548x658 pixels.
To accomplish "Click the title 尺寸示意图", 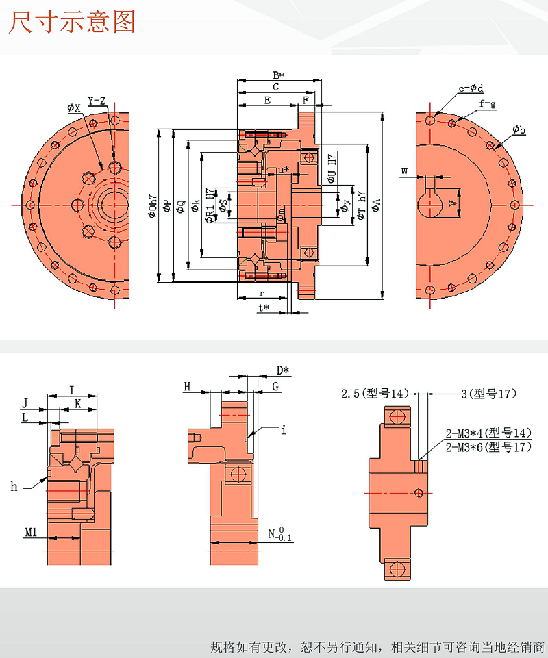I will click(72, 22).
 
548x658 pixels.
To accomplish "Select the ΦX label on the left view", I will click(74, 107).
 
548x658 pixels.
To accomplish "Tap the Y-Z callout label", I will click(97, 101).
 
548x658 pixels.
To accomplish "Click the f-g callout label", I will click(487, 104).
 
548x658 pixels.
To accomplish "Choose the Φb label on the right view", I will click(519, 129).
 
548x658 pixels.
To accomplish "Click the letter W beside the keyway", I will click(405, 172).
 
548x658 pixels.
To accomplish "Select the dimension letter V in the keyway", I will click(451, 203).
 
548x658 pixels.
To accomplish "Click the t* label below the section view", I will click(264, 308).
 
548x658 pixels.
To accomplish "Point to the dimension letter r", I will click(262, 293).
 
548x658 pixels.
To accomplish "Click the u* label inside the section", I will click(282, 169).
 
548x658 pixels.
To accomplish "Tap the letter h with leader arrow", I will click(14, 487).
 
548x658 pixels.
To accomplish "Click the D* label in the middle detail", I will click(283, 370).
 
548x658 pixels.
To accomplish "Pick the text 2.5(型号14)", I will click(375, 393).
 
